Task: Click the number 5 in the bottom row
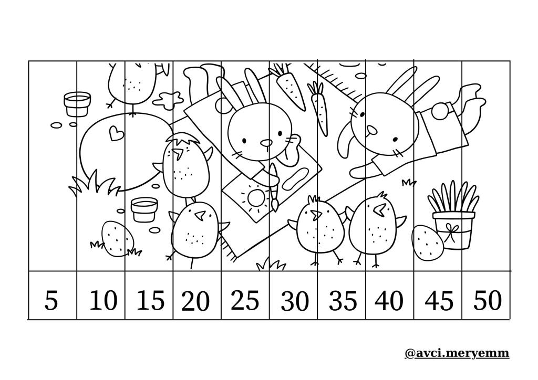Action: tap(51, 301)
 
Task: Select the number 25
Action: tap(245, 300)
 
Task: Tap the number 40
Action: tap(389, 301)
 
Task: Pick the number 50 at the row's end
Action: tap(488, 300)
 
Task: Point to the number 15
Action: tap(150, 300)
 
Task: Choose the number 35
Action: tap(343, 301)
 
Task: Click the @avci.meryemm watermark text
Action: tap(457, 353)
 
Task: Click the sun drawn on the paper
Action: tap(256, 198)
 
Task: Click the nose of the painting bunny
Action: tap(266, 143)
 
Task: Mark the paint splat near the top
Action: tap(168, 99)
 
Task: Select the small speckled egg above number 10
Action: tap(118, 238)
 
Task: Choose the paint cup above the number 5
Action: tap(77, 104)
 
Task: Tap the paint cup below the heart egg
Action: tap(144, 209)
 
